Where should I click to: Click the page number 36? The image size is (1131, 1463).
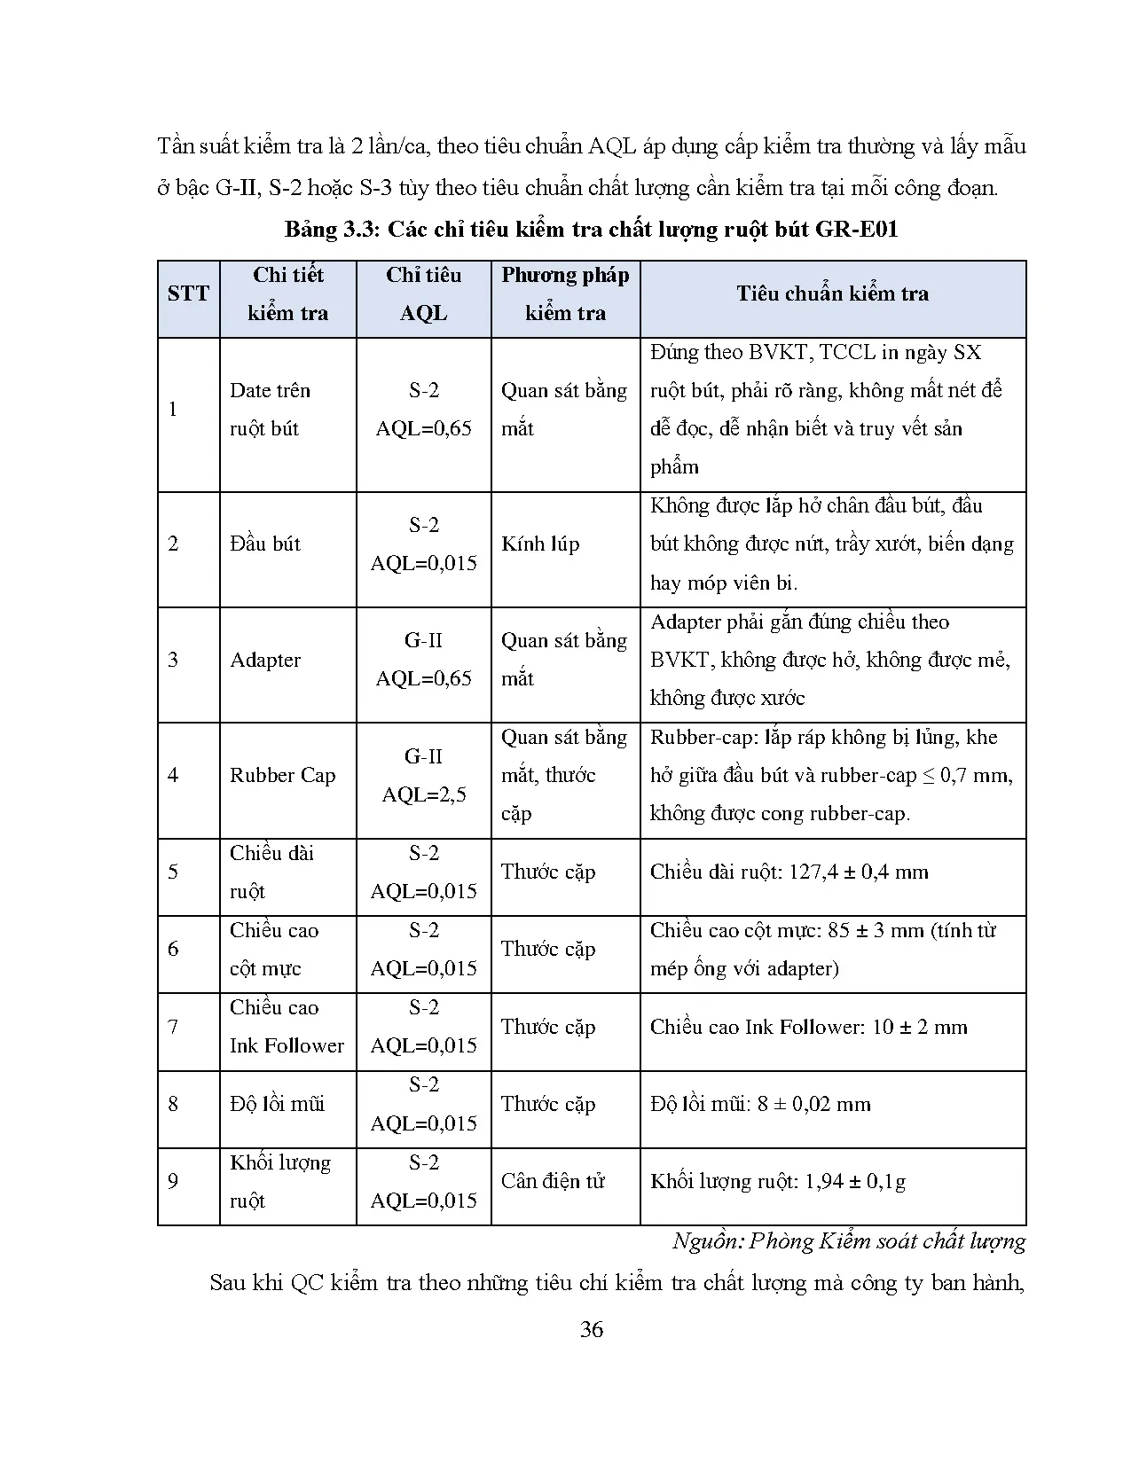pos(591,1329)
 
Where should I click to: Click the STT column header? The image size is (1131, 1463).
pos(188,293)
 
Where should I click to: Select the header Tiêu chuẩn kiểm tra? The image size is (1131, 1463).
pos(832,293)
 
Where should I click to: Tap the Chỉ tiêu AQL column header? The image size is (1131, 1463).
pos(423,293)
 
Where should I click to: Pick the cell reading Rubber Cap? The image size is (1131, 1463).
pos(282,776)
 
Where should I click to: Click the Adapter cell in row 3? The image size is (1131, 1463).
pos(265,661)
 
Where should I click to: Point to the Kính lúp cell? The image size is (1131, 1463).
pos(540,544)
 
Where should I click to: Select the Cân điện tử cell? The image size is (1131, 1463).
pos(553,1181)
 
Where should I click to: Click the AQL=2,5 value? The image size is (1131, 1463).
pos(424,795)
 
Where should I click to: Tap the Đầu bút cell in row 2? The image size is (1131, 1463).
pos(264,544)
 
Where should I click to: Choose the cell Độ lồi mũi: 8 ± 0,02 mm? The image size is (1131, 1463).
pos(760,1105)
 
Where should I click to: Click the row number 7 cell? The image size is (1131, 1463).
pos(173,1028)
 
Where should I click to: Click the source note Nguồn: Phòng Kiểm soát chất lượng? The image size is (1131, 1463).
pos(848,1241)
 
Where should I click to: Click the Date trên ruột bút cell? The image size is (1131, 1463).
pos(269,410)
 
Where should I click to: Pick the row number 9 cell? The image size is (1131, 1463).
pos(173,1181)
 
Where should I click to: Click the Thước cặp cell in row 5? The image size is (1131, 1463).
pos(547,872)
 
